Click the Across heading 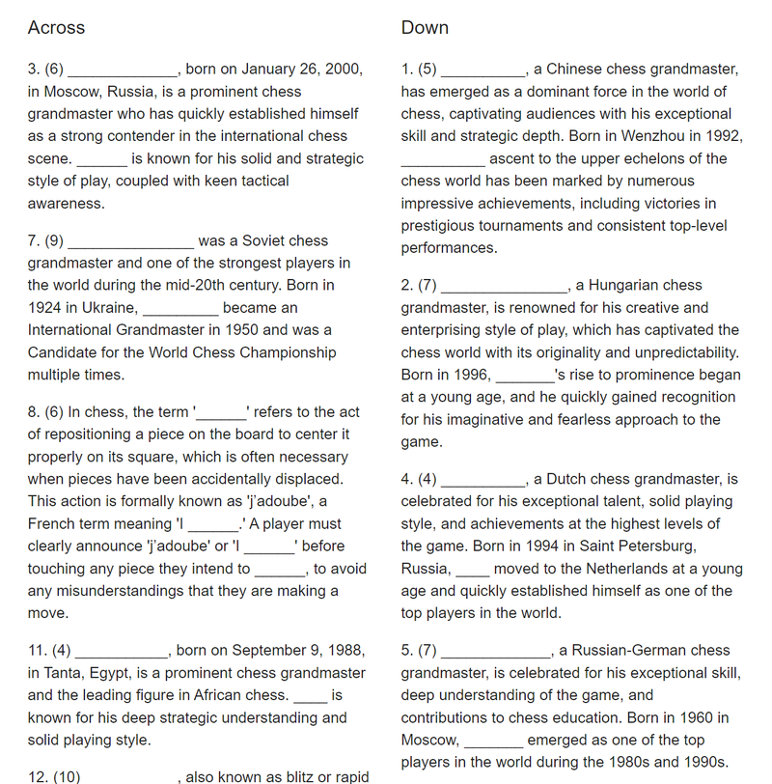(56, 28)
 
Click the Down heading (425, 28)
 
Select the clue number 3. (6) (45, 70)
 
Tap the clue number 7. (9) (45, 241)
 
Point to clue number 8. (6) (45, 412)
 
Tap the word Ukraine (108, 308)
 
